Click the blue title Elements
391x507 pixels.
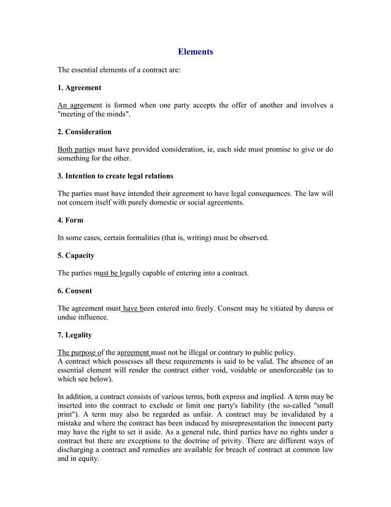pyautogui.click(x=195, y=52)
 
